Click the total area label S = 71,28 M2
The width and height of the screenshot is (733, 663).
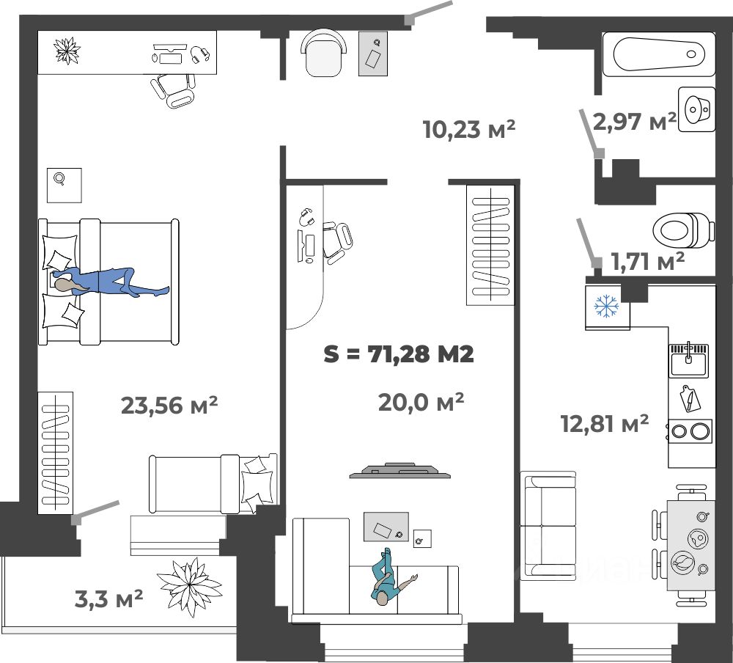tap(399, 354)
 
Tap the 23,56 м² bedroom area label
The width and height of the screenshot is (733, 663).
tap(169, 405)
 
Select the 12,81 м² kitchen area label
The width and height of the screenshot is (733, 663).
tap(605, 423)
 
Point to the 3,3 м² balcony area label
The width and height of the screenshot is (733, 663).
tap(108, 598)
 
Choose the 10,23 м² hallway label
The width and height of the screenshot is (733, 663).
tap(469, 129)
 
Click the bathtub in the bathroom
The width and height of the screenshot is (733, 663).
tap(659, 54)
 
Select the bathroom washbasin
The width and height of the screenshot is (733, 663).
tap(696, 110)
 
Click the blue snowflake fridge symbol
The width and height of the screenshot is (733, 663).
tap(606, 307)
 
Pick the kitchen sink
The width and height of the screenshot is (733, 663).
tap(688, 359)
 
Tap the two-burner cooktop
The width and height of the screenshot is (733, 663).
tap(690, 431)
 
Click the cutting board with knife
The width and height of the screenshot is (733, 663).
tap(689, 399)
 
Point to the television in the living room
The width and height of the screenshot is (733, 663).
tap(399, 470)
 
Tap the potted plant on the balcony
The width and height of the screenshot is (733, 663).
tap(189, 586)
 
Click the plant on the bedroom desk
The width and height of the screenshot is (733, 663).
tap(67, 51)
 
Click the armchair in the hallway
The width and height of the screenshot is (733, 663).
tap(325, 53)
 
